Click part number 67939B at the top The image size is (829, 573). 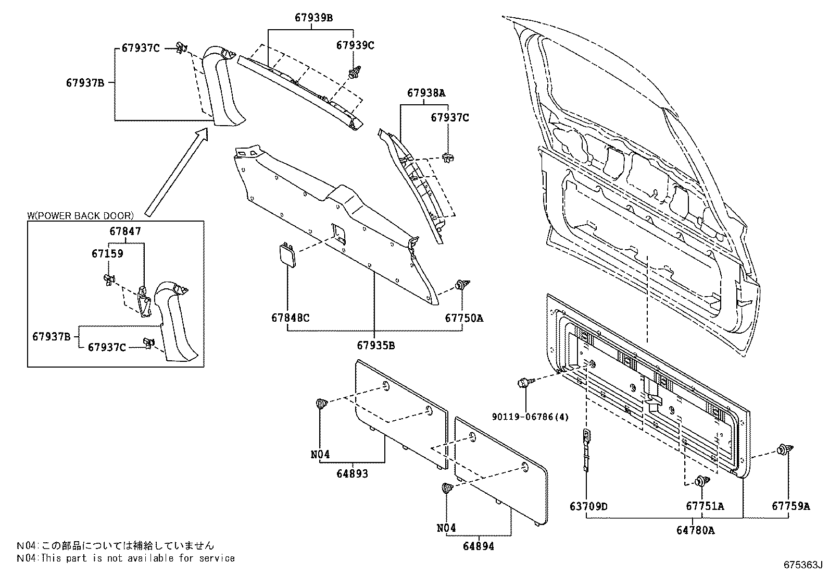313,18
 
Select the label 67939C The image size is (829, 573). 355,45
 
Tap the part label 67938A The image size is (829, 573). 426,93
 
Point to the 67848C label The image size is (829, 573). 290,318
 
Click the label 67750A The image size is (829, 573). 463,318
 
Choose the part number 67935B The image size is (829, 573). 375,345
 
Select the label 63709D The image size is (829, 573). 588,506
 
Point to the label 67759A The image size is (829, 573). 790,506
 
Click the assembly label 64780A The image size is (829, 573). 695,531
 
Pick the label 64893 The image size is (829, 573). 352,473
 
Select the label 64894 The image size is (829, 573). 479,546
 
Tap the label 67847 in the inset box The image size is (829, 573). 125,231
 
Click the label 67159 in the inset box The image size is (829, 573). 107,254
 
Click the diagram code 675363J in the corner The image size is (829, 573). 802,565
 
